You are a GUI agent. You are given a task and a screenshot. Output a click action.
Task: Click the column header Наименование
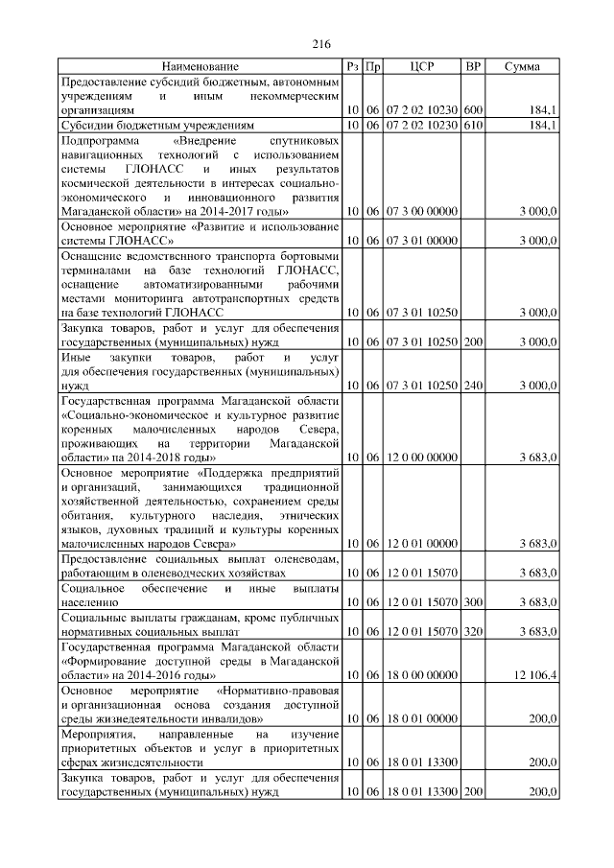(x=201, y=66)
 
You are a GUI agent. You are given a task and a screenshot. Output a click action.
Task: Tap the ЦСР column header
(x=422, y=66)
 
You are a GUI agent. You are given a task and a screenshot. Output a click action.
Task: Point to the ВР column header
(x=472, y=66)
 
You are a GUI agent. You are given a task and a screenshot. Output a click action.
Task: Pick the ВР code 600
(x=472, y=110)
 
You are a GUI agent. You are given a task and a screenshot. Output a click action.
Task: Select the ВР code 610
(x=472, y=126)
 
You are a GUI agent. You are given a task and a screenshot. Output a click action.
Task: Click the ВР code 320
(x=472, y=631)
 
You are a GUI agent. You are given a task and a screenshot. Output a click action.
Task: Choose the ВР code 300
(x=472, y=601)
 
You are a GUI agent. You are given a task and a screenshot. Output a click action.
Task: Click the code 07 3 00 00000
(x=422, y=211)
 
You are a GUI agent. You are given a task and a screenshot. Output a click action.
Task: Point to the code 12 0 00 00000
(x=422, y=457)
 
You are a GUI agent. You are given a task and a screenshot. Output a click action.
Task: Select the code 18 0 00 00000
(x=422, y=676)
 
